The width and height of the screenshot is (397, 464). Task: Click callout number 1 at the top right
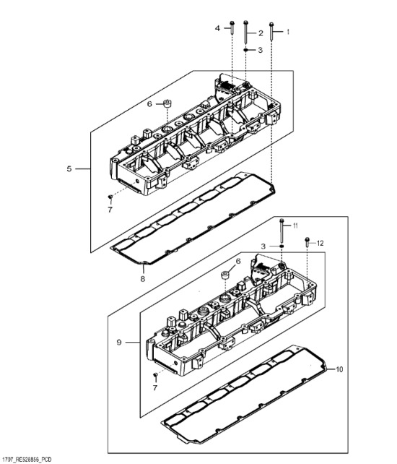coord(288,32)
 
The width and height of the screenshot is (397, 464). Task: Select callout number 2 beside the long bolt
coord(261,33)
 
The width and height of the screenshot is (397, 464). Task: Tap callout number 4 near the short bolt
coord(217,28)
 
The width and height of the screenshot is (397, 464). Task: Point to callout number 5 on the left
coord(69,169)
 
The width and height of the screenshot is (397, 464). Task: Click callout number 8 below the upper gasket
coord(143,279)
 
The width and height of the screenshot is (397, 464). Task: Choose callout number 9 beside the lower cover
coord(119,343)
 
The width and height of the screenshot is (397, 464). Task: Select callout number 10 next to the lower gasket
coord(339,369)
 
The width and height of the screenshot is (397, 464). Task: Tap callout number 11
coord(295,225)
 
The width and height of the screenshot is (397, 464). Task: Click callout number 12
coord(320,244)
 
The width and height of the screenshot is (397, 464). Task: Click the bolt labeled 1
coord(271,31)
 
